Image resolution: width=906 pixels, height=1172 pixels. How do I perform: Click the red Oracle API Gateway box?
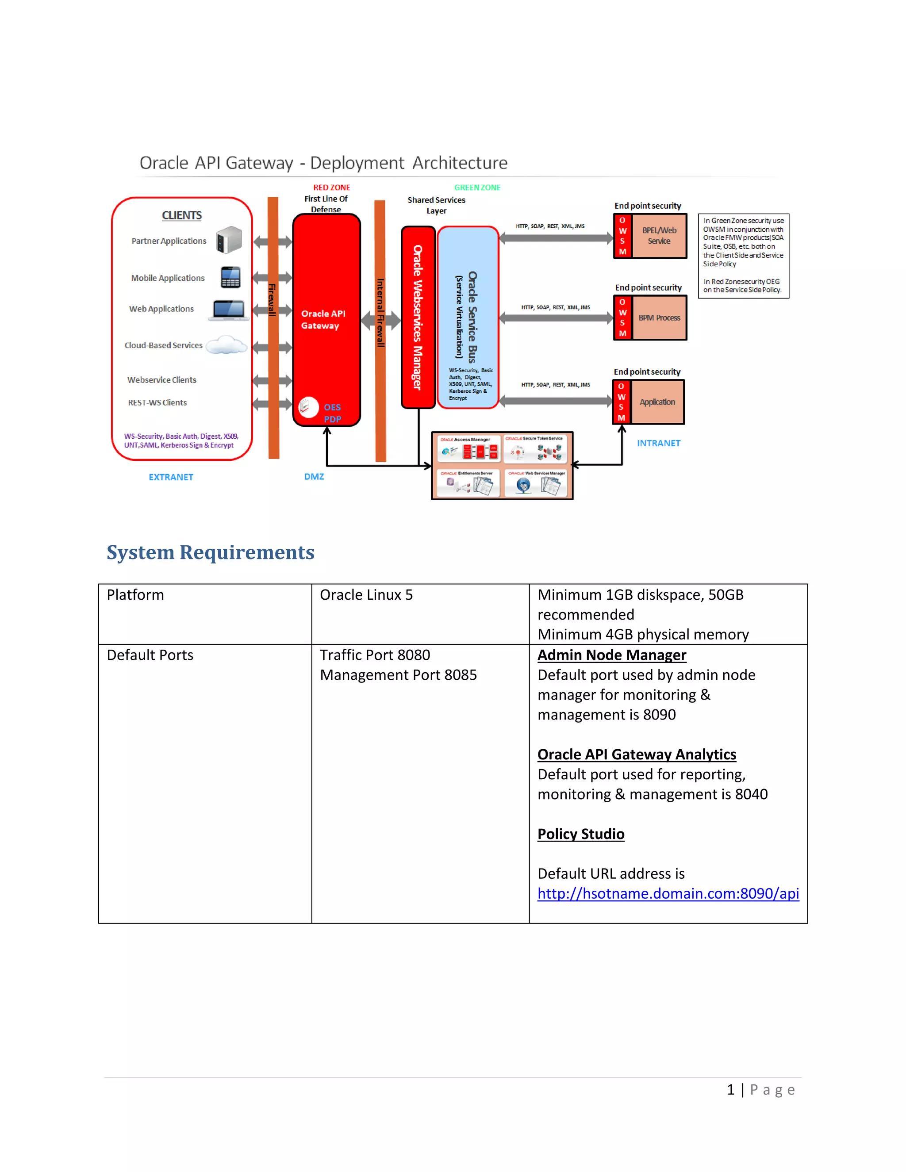point(326,319)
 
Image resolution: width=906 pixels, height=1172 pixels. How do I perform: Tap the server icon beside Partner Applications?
point(229,240)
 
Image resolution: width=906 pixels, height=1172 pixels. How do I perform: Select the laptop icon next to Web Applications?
point(229,310)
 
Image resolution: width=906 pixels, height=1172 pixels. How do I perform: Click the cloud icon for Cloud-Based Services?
point(226,345)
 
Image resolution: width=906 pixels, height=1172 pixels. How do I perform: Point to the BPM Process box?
point(659,318)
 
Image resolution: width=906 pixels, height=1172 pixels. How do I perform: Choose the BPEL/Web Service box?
point(659,236)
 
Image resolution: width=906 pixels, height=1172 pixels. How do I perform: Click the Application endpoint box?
point(657,402)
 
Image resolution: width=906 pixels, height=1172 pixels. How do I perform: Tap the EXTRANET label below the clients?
point(171,477)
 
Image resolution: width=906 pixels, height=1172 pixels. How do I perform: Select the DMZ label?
point(314,476)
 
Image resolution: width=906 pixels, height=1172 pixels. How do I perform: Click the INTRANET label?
point(659,443)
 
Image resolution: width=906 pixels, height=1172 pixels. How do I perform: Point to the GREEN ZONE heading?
point(477,187)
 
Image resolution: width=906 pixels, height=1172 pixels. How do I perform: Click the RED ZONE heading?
point(332,187)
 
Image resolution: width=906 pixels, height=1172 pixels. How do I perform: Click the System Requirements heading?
point(211,552)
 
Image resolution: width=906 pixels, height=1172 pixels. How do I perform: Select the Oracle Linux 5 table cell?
point(366,594)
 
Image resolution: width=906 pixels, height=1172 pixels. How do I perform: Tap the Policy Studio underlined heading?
point(581,834)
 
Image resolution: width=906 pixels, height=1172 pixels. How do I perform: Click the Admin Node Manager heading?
point(612,655)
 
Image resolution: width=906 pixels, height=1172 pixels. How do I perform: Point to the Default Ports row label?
point(150,655)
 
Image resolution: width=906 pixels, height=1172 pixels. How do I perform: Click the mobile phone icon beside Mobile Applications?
point(230,277)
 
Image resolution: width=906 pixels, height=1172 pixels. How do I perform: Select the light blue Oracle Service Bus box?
point(468,317)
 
